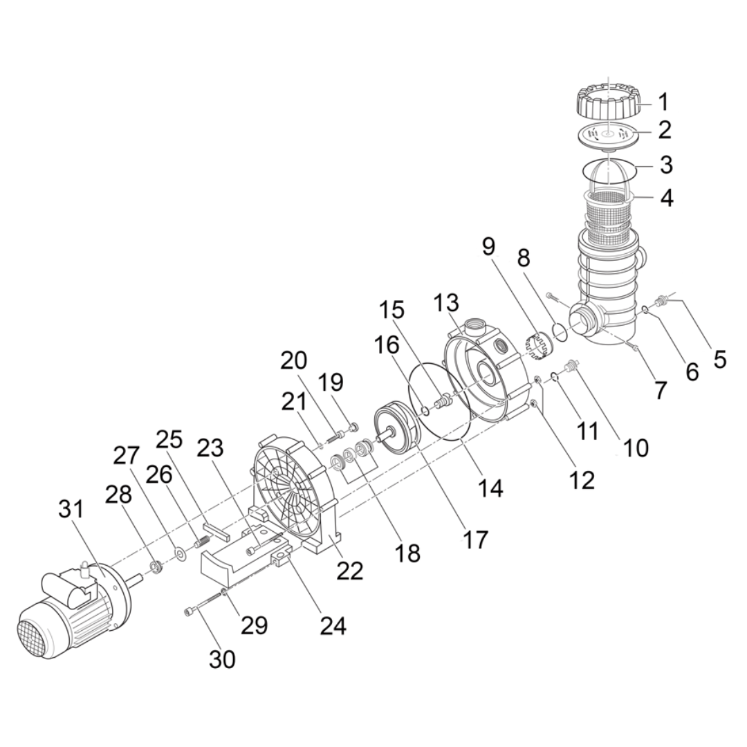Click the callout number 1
(x=663, y=102)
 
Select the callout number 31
(x=71, y=510)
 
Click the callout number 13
(x=446, y=303)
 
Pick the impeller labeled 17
(x=396, y=429)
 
